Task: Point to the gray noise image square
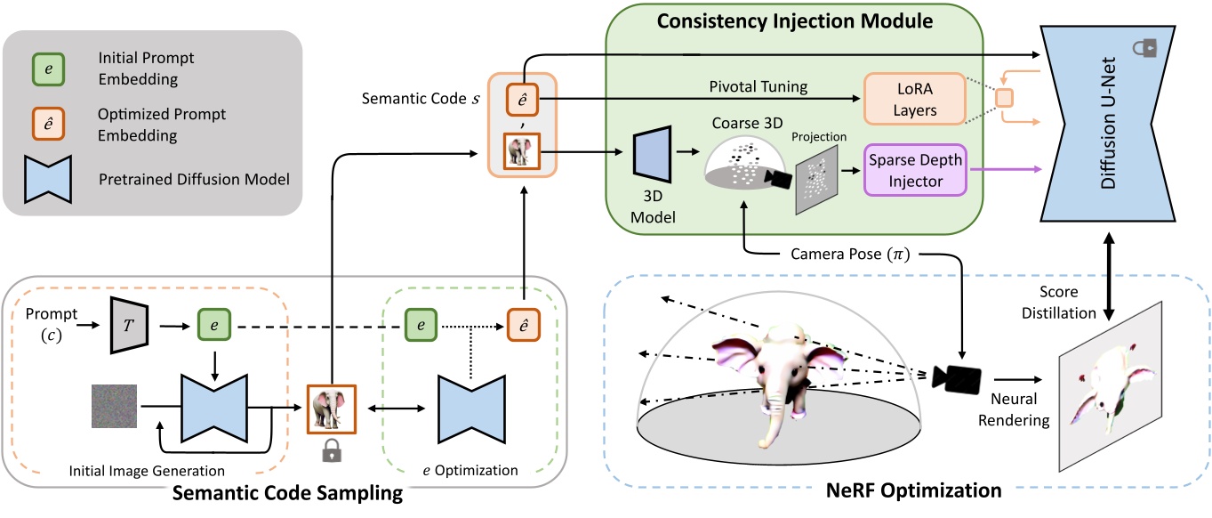(114, 407)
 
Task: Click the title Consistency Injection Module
(794, 19)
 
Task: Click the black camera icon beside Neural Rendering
(955, 376)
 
